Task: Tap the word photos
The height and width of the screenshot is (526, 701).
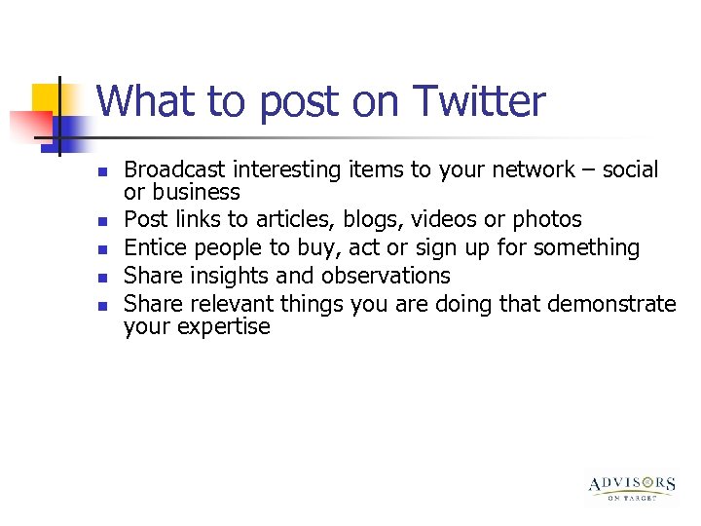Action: [546, 220]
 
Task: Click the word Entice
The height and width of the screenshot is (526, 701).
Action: [152, 248]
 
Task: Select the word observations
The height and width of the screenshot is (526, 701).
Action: [386, 276]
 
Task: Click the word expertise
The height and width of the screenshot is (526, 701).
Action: [222, 327]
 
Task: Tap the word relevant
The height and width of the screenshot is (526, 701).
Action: [232, 304]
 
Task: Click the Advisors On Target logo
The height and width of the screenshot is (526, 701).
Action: [632, 487]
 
